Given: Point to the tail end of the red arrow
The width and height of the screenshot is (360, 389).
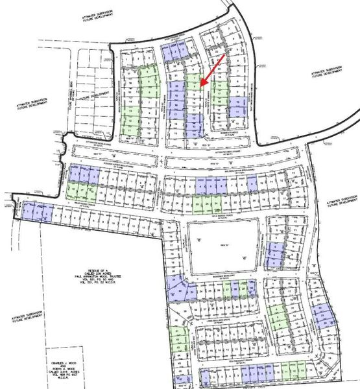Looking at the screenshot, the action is [225, 56].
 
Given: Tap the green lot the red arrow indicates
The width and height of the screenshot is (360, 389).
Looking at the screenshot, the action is [193, 82].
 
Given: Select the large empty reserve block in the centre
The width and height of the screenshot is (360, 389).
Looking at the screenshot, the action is [222, 247].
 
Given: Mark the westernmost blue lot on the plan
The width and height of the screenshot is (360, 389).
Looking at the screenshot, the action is [28, 210].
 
